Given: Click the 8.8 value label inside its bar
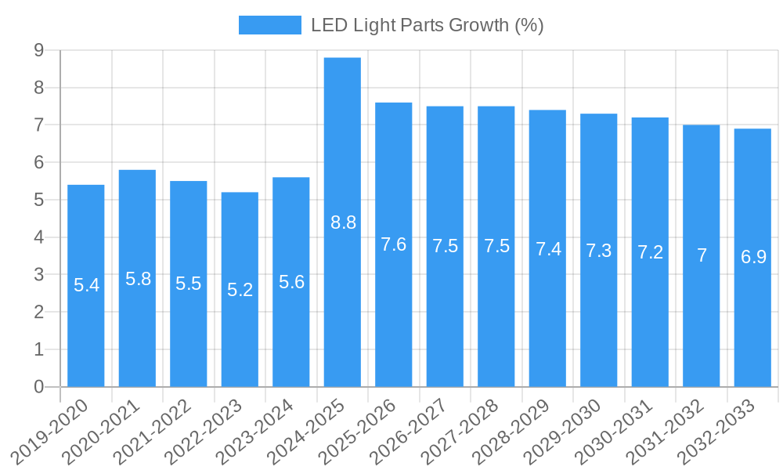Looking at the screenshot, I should click(x=343, y=222).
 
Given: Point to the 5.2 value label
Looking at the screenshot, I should click(x=240, y=290).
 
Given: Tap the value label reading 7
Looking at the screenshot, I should click(x=702, y=255).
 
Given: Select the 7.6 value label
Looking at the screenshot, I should click(x=393, y=244).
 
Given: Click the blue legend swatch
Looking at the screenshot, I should click(x=269, y=25).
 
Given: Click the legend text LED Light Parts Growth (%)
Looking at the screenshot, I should click(x=427, y=25).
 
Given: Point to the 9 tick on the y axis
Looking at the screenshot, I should click(x=38, y=51).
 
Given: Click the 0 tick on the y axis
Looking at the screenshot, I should click(x=38, y=387).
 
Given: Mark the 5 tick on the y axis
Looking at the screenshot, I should click(x=38, y=200).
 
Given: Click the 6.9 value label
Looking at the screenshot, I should click(x=753, y=257).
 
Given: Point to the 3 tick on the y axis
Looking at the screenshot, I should click(x=38, y=275).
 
